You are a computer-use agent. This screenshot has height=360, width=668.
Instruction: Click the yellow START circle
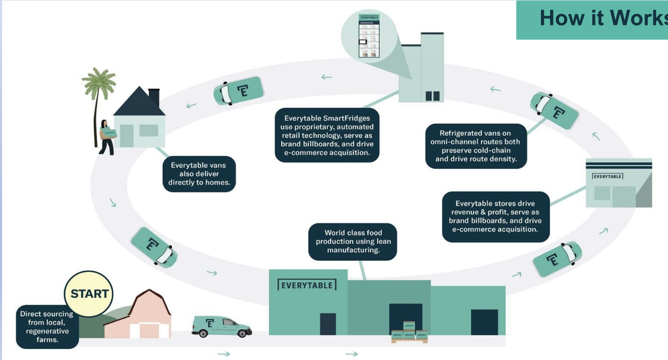(89, 294)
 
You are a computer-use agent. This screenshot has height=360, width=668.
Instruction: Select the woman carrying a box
(107, 137)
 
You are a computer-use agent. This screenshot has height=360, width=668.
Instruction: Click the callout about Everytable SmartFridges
(327, 135)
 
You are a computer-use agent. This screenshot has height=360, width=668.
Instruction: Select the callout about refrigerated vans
(476, 146)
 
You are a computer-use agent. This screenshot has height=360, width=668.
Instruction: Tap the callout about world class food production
(353, 242)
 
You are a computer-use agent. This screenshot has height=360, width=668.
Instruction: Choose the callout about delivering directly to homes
(199, 174)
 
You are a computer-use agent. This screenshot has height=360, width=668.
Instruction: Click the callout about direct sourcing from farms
(47, 327)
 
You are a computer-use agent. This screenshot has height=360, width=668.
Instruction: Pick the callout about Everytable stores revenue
(496, 217)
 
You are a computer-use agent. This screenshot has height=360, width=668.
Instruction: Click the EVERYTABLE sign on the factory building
(307, 285)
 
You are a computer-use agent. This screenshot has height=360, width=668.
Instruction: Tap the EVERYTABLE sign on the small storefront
(607, 176)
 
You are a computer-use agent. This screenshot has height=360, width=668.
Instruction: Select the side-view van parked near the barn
(221, 326)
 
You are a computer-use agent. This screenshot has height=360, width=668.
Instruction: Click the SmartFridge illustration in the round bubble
(369, 35)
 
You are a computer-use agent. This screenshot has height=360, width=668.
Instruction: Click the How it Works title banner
(592, 20)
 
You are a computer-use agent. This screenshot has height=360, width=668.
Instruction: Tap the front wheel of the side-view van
(242, 333)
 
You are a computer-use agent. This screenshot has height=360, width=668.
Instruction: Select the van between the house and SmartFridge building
(238, 91)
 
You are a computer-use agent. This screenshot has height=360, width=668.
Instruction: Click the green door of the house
(126, 136)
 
